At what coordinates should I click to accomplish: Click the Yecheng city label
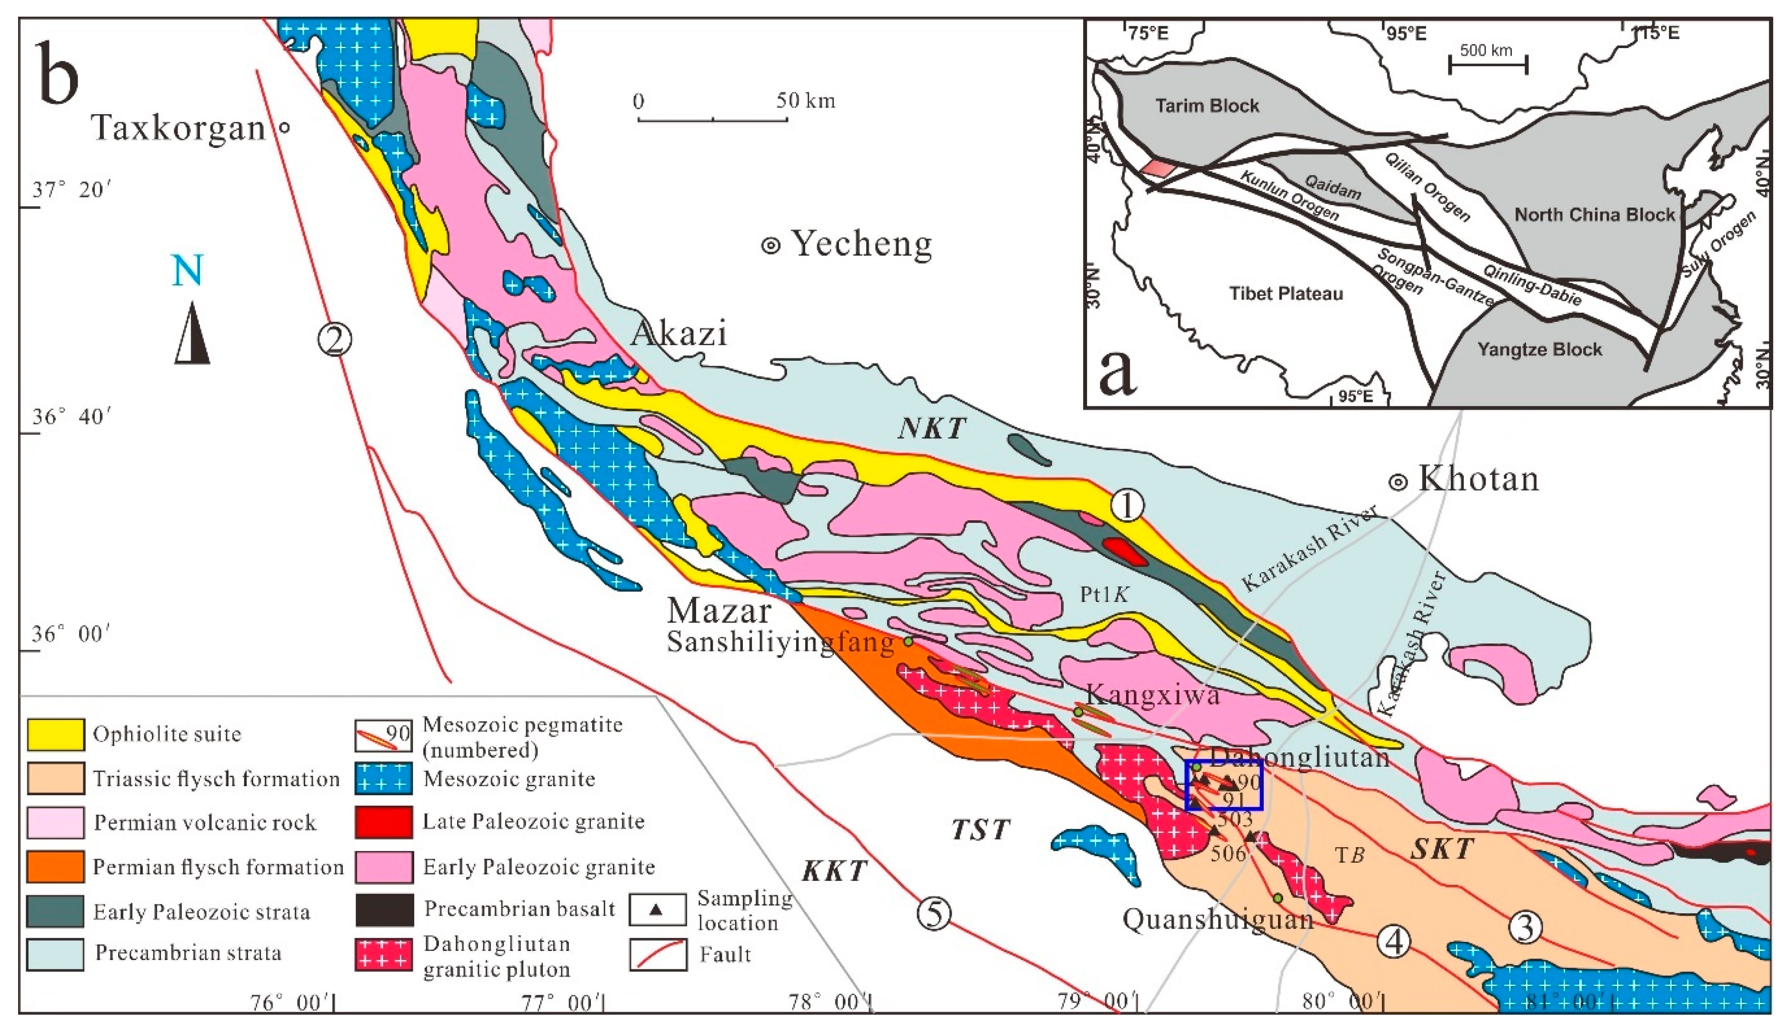pyautogui.click(x=860, y=244)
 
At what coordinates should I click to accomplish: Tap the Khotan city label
pyautogui.click(x=1478, y=479)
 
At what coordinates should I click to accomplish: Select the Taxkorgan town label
pyautogui.click(x=178, y=128)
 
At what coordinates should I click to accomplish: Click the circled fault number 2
pyautogui.click(x=334, y=340)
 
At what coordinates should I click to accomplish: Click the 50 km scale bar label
pyautogui.click(x=805, y=101)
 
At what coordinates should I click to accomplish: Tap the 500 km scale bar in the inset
pyautogui.click(x=1488, y=65)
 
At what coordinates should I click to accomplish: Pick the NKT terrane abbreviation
pyautogui.click(x=931, y=428)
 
